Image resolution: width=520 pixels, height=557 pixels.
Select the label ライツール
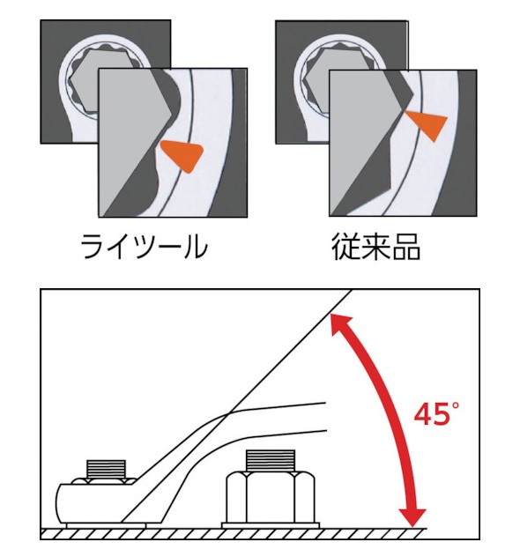click(x=144, y=248)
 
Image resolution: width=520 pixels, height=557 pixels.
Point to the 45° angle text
click(x=432, y=413)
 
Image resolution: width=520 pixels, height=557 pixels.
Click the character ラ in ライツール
click(x=93, y=248)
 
